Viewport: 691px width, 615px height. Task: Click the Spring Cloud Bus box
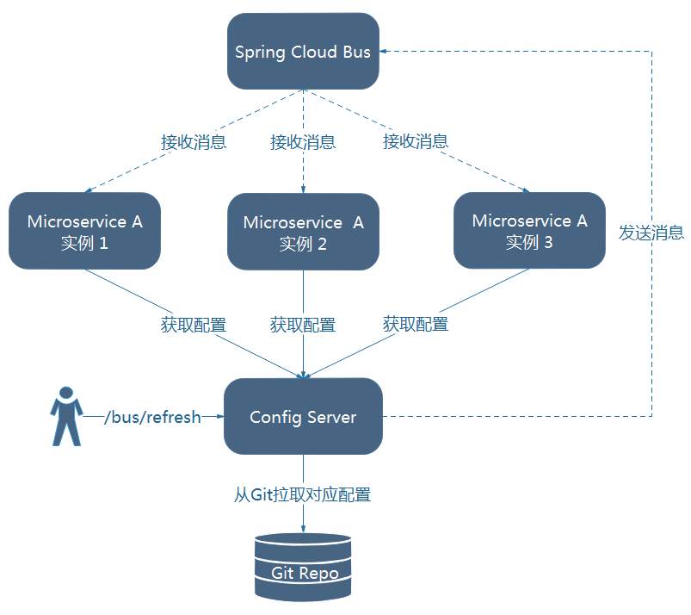coord(303,51)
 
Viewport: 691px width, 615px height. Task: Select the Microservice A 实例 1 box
coord(84,231)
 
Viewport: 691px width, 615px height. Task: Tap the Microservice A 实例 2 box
coord(303,232)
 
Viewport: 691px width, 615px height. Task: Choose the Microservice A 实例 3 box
coord(529,230)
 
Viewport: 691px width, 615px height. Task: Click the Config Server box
coord(303,417)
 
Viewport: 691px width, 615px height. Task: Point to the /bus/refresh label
coord(151,417)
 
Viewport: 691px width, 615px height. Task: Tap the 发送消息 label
coord(651,232)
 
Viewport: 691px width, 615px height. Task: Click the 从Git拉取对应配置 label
coord(303,495)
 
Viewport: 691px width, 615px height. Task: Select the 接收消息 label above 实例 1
coord(194,142)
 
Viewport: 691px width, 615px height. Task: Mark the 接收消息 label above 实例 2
coord(303,142)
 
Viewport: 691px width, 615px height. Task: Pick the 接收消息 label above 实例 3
coord(416,141)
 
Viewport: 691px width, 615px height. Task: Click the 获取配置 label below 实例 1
coord(194,325)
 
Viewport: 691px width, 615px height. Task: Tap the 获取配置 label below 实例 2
coord(303,325)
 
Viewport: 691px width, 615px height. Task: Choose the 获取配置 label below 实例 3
coord(416,324)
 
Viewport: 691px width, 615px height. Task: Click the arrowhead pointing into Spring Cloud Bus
coord(386,52)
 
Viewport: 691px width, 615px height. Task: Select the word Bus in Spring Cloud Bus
coord(356,52)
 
